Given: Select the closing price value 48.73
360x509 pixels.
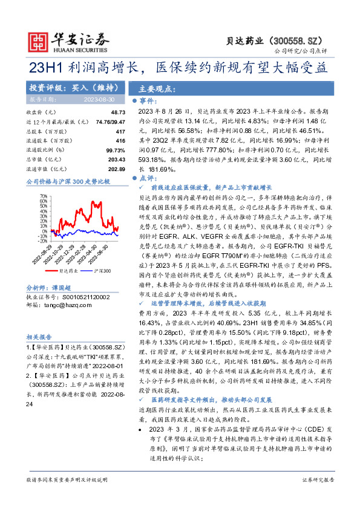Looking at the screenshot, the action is [x=117, y=112].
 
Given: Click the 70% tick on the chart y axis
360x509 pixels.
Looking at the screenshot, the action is [x=43, y=196].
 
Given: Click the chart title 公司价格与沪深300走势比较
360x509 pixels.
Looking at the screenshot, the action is [x=68, y=181].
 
